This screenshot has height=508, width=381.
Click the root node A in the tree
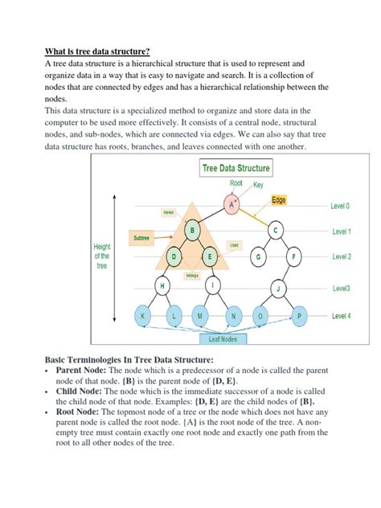233,205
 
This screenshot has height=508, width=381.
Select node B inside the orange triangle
191,231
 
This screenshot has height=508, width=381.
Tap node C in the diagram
276,231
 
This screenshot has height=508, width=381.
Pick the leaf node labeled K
143,316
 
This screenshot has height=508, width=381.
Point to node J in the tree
277,287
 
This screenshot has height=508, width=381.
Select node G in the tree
259,257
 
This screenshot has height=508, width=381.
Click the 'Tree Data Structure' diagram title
235,169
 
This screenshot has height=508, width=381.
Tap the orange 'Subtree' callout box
145,238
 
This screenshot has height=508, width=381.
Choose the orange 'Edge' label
279,199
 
